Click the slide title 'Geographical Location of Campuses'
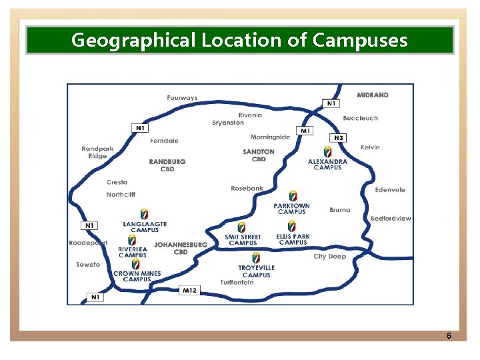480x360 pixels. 239,40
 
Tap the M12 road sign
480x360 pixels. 189,290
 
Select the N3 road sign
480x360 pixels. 339,138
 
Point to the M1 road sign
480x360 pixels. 305,131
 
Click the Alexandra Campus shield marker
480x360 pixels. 327,151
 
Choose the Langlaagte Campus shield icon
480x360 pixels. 145,214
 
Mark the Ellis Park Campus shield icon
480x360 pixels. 292,226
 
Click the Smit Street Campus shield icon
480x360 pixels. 241,227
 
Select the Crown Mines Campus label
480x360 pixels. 137,276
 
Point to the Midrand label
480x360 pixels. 373,95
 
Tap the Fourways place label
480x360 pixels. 182,98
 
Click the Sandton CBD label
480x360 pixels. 259,155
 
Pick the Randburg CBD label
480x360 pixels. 167,165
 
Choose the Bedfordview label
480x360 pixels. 391,219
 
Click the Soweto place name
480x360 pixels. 88,265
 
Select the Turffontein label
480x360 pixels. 237,283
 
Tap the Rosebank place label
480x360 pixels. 247,189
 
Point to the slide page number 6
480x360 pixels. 449,335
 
